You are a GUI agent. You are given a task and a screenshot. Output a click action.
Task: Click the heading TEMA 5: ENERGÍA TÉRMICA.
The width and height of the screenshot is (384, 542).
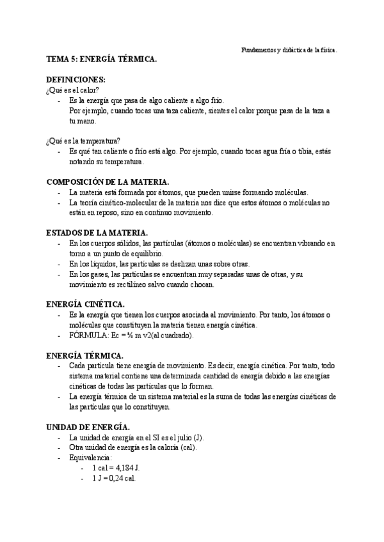(102, 59)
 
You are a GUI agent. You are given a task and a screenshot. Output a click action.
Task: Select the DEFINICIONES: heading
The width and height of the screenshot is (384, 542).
(76, 79)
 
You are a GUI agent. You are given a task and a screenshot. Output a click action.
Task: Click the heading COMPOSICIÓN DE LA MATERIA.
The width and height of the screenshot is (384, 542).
(108, 182)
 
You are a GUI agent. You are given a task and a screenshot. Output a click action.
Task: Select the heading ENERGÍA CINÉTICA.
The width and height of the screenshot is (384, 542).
(86, 304)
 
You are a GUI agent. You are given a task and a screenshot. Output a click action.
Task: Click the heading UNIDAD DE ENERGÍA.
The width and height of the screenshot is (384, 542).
(88, 426)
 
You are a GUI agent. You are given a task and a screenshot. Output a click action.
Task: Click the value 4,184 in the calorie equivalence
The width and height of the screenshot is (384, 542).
(124, 468)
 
